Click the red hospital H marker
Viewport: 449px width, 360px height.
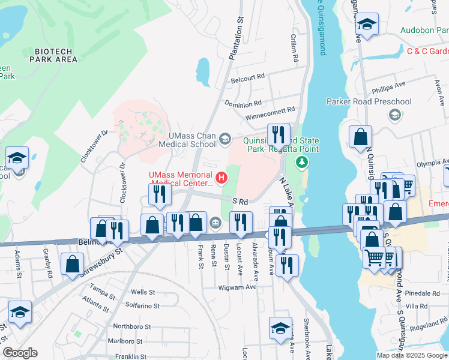222,178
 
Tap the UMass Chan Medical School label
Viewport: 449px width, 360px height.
187,140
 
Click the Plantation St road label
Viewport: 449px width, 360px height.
237,37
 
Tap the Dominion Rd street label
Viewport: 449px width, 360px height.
244,103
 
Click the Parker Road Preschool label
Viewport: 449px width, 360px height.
369,101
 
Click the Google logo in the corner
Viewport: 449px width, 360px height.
20,353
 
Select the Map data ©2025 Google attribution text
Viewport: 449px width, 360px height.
411,355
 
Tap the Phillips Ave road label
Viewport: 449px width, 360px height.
389,88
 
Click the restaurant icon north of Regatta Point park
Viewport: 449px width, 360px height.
279,134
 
